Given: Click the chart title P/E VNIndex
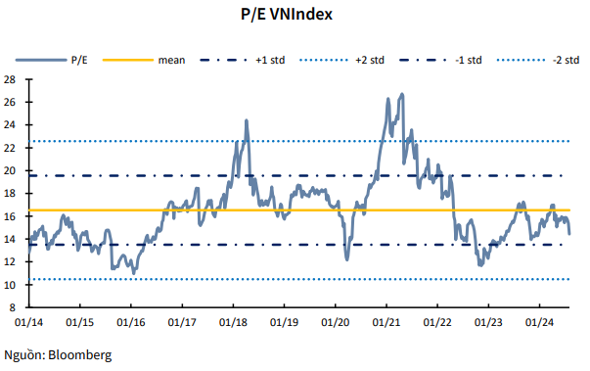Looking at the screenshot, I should click(x=294, y=16).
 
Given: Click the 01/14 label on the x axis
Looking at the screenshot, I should click(x=28, y=321).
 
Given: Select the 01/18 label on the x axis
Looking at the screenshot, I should click(x=232, y=321).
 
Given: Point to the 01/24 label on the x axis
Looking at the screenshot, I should click(x=538, y=321).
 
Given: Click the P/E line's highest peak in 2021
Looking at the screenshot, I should click(x=402, y=95).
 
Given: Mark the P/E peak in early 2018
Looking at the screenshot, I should click(x=246, y=120).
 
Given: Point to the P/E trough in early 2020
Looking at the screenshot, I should click(x=347, y=259).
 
